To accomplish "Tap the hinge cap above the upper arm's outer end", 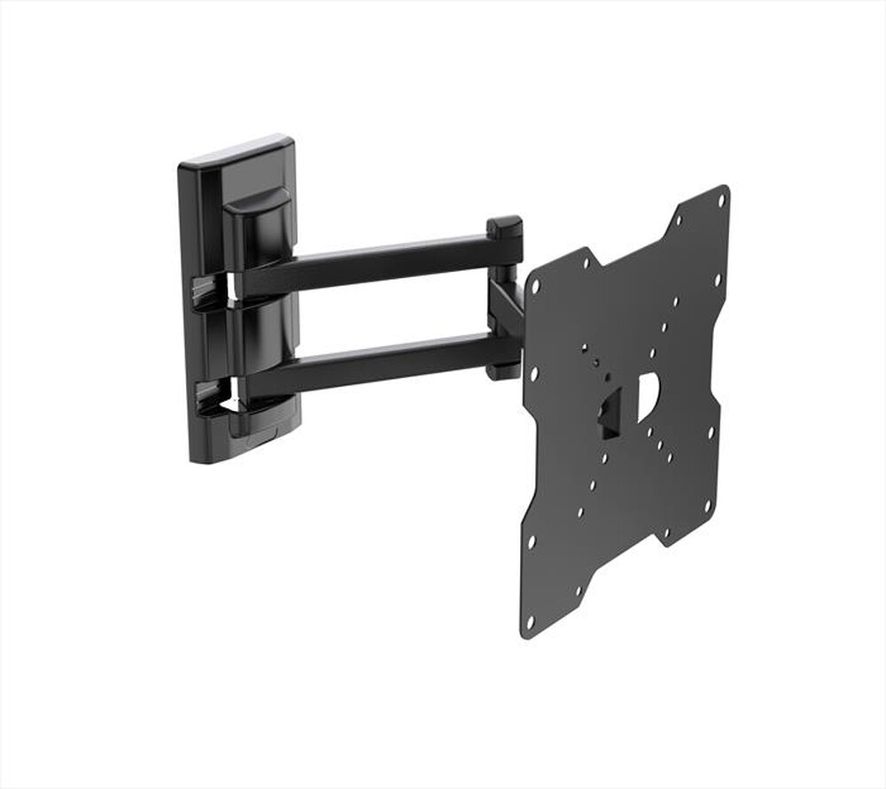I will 504,227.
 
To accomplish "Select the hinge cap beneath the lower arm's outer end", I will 502,371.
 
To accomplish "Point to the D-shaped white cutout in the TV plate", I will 647,396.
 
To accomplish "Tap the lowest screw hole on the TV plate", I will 530,623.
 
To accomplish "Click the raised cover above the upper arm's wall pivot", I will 257,226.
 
